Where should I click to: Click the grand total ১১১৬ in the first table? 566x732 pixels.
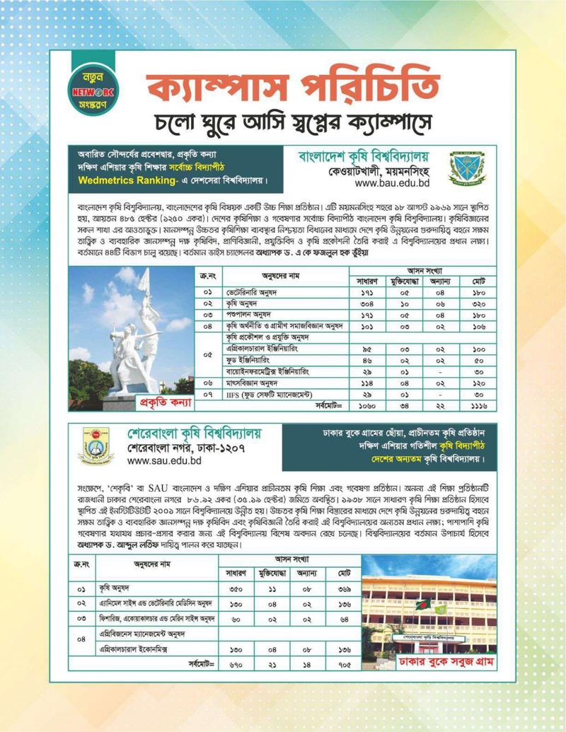pyautogui.click(x=479, y=405)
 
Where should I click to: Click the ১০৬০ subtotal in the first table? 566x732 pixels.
pyautogui.click(x=367, y=405)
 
